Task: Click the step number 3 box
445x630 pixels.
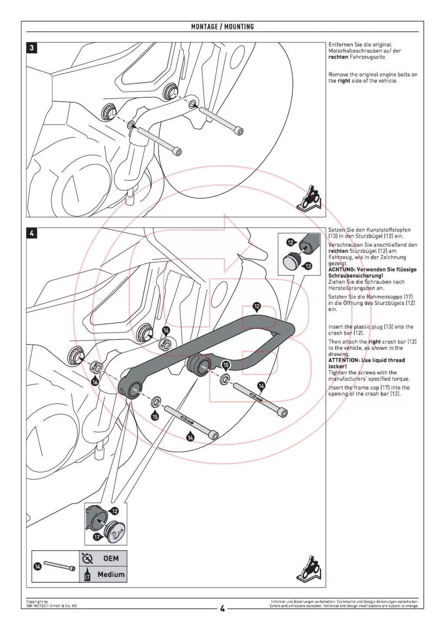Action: click(x=32, y=48)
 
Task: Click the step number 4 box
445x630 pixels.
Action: click(x=32, y=233)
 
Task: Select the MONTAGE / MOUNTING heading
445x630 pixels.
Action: click(x=222, y=27)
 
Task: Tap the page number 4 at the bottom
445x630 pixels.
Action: click(x=222, y=608)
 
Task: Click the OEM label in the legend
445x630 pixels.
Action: click(x=111, y=558)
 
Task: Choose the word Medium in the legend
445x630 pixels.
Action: click(x=111, y=574)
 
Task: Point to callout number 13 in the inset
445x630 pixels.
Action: click(x=308, y=266)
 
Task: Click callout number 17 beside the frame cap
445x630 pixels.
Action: click(x=97, y=537)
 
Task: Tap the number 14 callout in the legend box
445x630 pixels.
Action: click(x=38, y=566)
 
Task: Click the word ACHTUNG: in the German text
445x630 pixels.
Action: click(x=342, y=270)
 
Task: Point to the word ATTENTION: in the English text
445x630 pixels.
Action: click(x=344, y=360)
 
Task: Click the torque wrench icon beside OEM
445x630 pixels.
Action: click(x=87, y=558)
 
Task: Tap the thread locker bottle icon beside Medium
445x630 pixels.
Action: click(x=87, y=574)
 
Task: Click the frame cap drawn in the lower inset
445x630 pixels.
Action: click(x=116, y=529)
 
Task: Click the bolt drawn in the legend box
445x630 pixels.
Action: click(x=59, y=566)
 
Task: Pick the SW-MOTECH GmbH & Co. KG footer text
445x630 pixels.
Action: click(x=51, y=606)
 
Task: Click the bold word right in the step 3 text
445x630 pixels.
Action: click(x=344, y=81)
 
